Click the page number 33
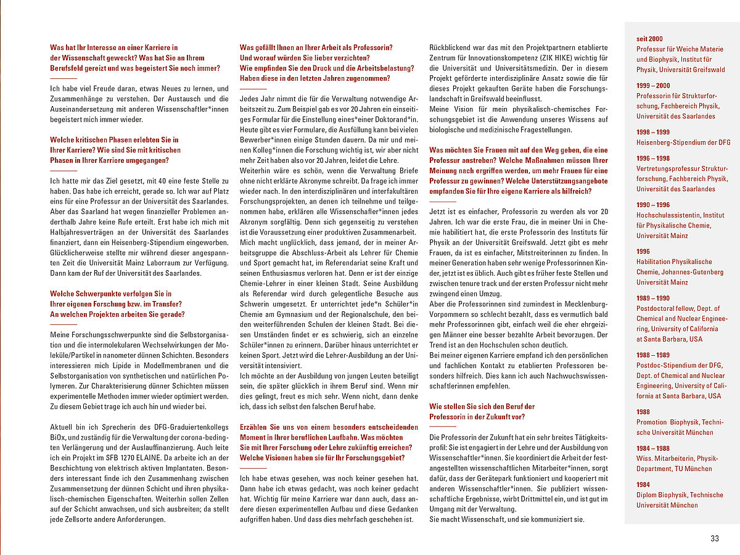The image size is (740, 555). pyautogui.click(x=715, y=538)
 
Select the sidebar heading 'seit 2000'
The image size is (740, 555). pyautogui.click(x=650, y=39)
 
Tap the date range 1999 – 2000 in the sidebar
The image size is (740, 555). pyautogui.click(x=653, y=85)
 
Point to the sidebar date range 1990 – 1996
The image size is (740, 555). pyautogui.click(x=653, y=204)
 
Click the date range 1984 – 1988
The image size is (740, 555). pyautogui.click(x=653, y=448)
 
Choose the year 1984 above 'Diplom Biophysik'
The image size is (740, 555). pyautogui.click(x=643, y=485)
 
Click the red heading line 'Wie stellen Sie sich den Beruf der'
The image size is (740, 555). pyautogui.click(x=482, y=406)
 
